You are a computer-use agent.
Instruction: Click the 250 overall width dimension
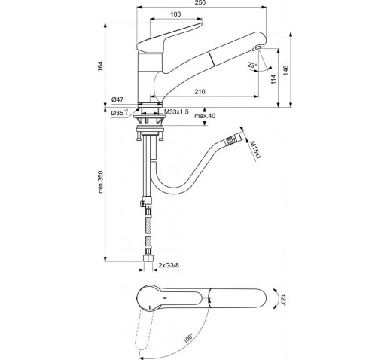[200, 3]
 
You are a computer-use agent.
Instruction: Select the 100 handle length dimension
[175, 14]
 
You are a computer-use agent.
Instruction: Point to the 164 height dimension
[100, 66]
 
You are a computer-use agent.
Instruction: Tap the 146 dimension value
[285, 70]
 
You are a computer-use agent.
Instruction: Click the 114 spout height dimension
[273, 79]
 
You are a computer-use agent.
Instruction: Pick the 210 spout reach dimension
[200, 92]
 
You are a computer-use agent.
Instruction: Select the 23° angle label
[251, 65]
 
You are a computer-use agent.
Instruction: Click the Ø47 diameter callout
[117, 99]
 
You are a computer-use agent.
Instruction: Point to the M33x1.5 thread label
[176, 112]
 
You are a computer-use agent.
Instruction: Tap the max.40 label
[205, 116]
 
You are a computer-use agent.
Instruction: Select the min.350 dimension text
[101, 182]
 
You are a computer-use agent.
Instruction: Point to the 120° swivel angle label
[283, 300]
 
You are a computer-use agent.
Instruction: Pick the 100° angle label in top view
[188, 338]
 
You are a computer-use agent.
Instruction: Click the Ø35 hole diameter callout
[120, 113]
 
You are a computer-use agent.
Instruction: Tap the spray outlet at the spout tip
[257, 47]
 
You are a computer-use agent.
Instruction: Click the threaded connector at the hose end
[233, 139]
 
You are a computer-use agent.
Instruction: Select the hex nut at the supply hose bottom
[148, 258]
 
